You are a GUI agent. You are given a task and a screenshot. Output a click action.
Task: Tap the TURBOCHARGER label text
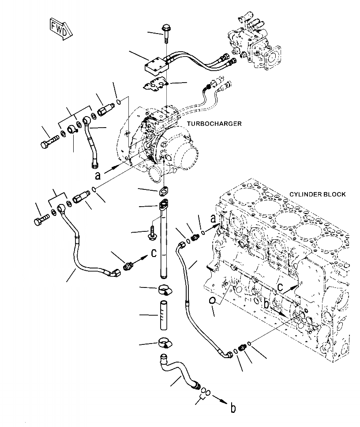pos(214,124)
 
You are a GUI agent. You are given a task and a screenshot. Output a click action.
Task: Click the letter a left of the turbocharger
pos(98,175)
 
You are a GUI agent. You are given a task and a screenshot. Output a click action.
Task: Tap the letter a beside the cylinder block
pos(213,219)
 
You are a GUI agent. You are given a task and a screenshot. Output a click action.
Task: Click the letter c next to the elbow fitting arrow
pos(154,253)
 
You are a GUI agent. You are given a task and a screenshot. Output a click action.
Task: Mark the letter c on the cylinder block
pos(280,287)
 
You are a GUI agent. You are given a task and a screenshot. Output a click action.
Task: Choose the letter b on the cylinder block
pos(266,304)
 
